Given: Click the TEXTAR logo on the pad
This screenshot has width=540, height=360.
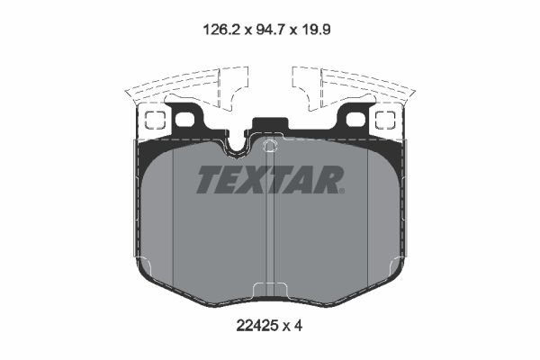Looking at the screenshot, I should (269, 180).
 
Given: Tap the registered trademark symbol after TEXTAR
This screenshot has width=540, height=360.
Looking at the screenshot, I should (341, 189).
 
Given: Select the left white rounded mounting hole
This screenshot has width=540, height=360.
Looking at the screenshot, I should (184, 119).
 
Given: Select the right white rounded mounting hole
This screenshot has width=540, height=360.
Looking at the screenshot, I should (355, 119).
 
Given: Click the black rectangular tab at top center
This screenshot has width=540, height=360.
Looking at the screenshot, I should (270, 127).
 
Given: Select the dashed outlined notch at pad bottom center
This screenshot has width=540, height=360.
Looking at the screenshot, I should (269, 291).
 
